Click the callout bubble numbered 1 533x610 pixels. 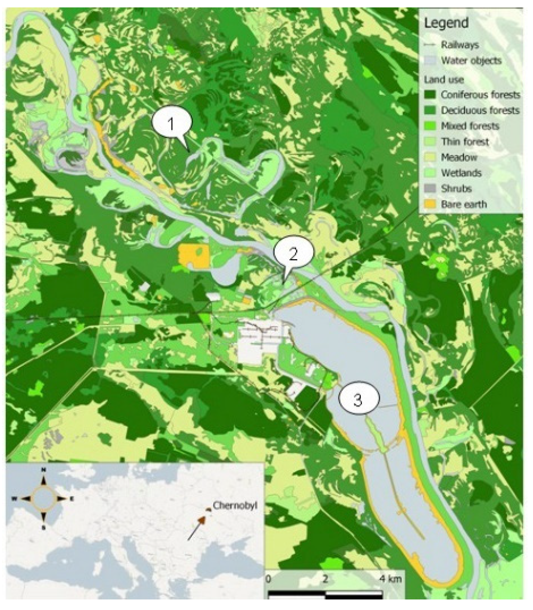171,124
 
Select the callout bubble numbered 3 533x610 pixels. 358,400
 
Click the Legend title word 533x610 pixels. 446,23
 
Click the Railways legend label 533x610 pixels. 460,45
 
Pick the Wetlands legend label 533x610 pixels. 461,173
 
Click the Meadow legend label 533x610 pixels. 459,157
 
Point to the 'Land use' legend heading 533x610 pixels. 444,80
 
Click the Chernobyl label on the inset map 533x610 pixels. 235,506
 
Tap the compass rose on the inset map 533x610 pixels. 44,498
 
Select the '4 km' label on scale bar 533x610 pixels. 390,579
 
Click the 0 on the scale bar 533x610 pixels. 268,579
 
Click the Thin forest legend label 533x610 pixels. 465,142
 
